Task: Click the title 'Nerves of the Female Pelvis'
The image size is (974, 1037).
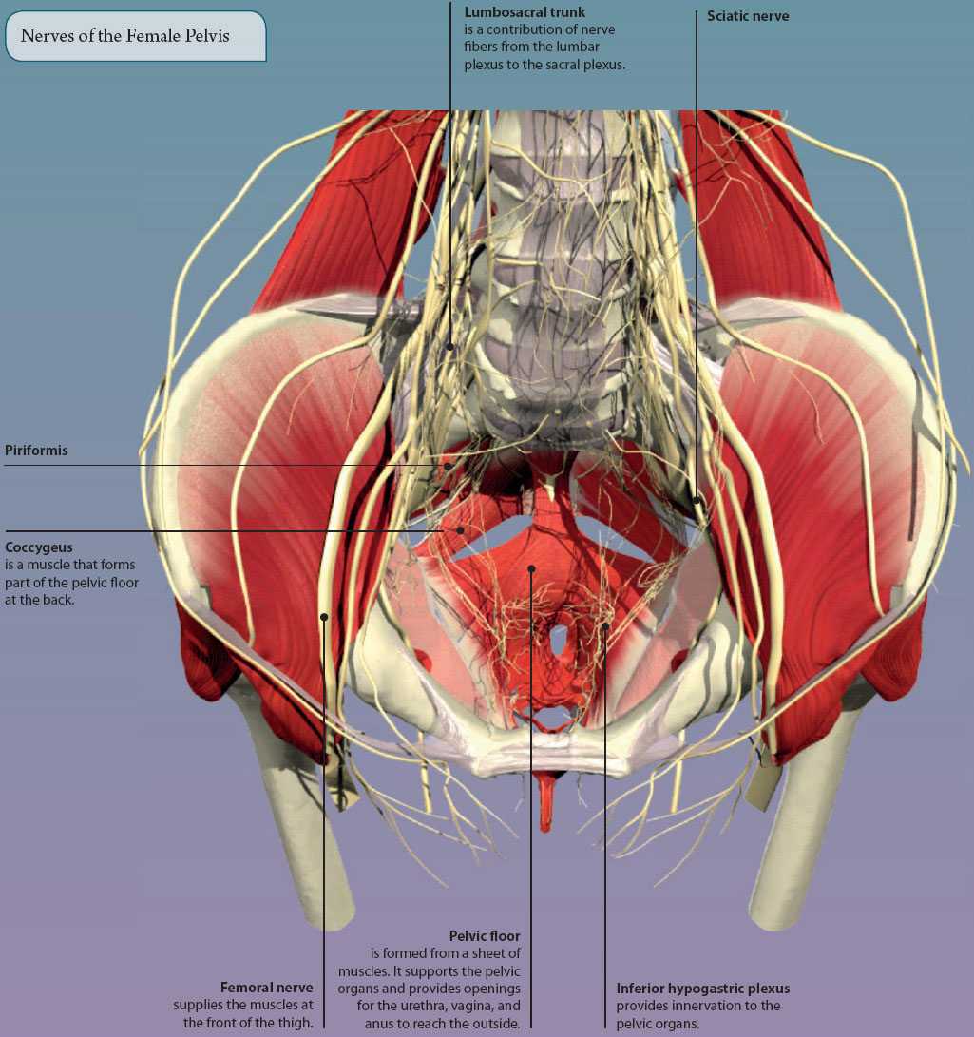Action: [125, 36]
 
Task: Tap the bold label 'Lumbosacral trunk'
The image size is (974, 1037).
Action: [525, 12]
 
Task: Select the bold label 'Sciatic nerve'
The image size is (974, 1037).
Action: [748, 16]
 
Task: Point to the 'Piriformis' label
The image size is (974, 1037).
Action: [36, 451]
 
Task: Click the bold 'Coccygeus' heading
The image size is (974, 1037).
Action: [38, 547]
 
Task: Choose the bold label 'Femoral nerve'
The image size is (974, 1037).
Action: [266, 988]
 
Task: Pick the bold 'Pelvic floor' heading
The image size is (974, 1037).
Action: [485, 936]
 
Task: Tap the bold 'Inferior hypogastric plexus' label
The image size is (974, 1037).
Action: [703, 989]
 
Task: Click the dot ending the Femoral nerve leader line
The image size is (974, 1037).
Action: [324, 617]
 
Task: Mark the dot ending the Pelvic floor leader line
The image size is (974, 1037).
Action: [531, 568]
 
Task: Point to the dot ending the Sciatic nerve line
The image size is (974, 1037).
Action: [697, 500]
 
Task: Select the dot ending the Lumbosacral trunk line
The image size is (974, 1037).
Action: [450, 346]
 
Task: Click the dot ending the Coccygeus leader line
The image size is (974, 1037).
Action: [460, 530]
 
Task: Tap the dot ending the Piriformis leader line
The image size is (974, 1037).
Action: [449, 466]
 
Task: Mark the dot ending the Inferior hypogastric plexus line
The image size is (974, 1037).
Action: [605, 625]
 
